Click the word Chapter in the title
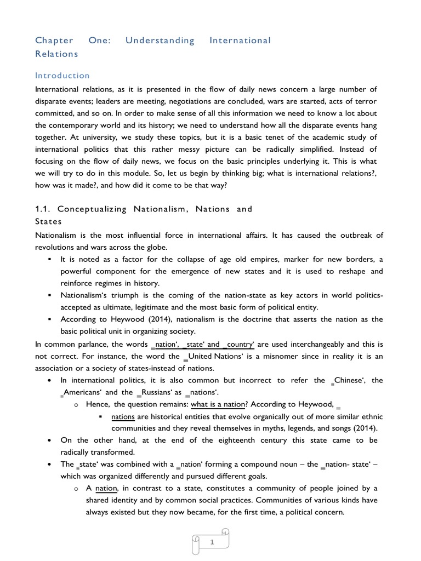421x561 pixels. click(x=54, y=41)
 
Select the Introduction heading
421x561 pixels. click(x=62, y=76)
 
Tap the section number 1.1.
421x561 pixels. click(x=43, y=209)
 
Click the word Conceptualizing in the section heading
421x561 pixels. click(x=92, y=209)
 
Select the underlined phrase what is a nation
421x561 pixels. click(x=217, y=405)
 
